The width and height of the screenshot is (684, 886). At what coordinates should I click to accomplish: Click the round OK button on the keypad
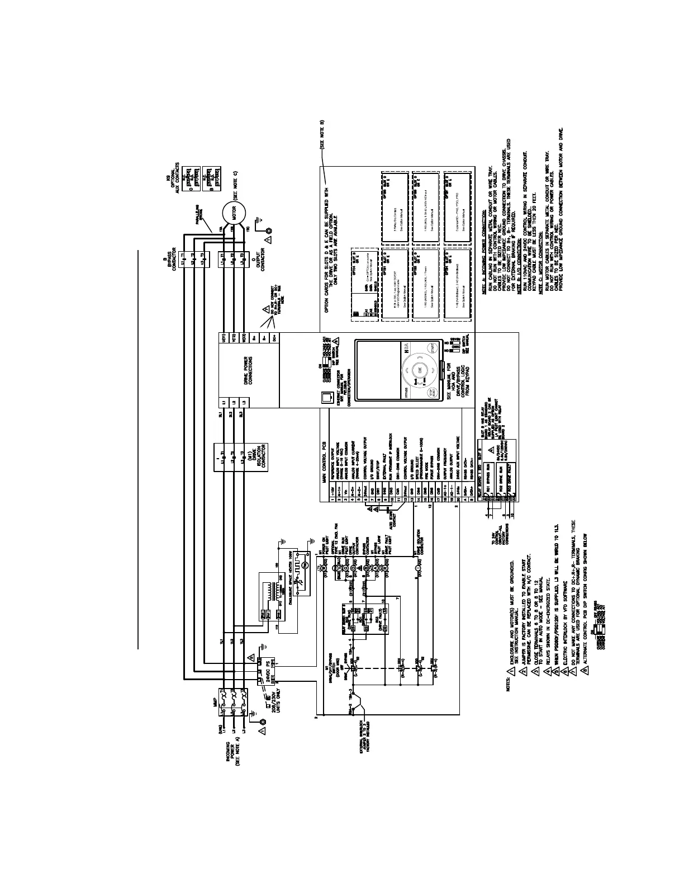click(418, 370)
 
